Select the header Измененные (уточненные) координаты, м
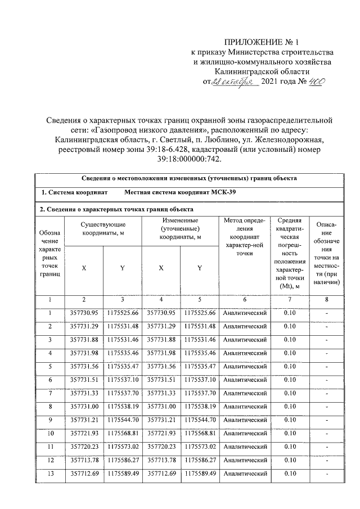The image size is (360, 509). pos(179,229)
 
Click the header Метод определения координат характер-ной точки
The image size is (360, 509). pos(244,237)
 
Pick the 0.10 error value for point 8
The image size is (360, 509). pos(289,406)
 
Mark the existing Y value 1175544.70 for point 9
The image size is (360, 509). pos(123,419)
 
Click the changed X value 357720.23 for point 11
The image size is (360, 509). pos(161,447)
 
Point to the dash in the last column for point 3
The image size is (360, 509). pos(328,340)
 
